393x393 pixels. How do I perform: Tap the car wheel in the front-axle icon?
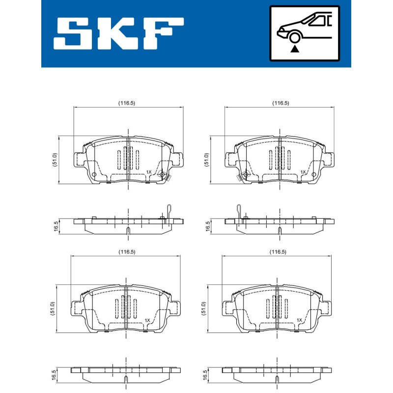[x=295, y=37]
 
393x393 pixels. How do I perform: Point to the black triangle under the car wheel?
[x=295, y=49]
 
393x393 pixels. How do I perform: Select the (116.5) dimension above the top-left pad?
[x=127, y=103]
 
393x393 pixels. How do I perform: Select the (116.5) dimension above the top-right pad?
[x=281, y=103]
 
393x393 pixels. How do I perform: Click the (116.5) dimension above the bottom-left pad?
[x=127, y=252]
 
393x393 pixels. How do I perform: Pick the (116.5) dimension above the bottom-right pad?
[x=278, y=252]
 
